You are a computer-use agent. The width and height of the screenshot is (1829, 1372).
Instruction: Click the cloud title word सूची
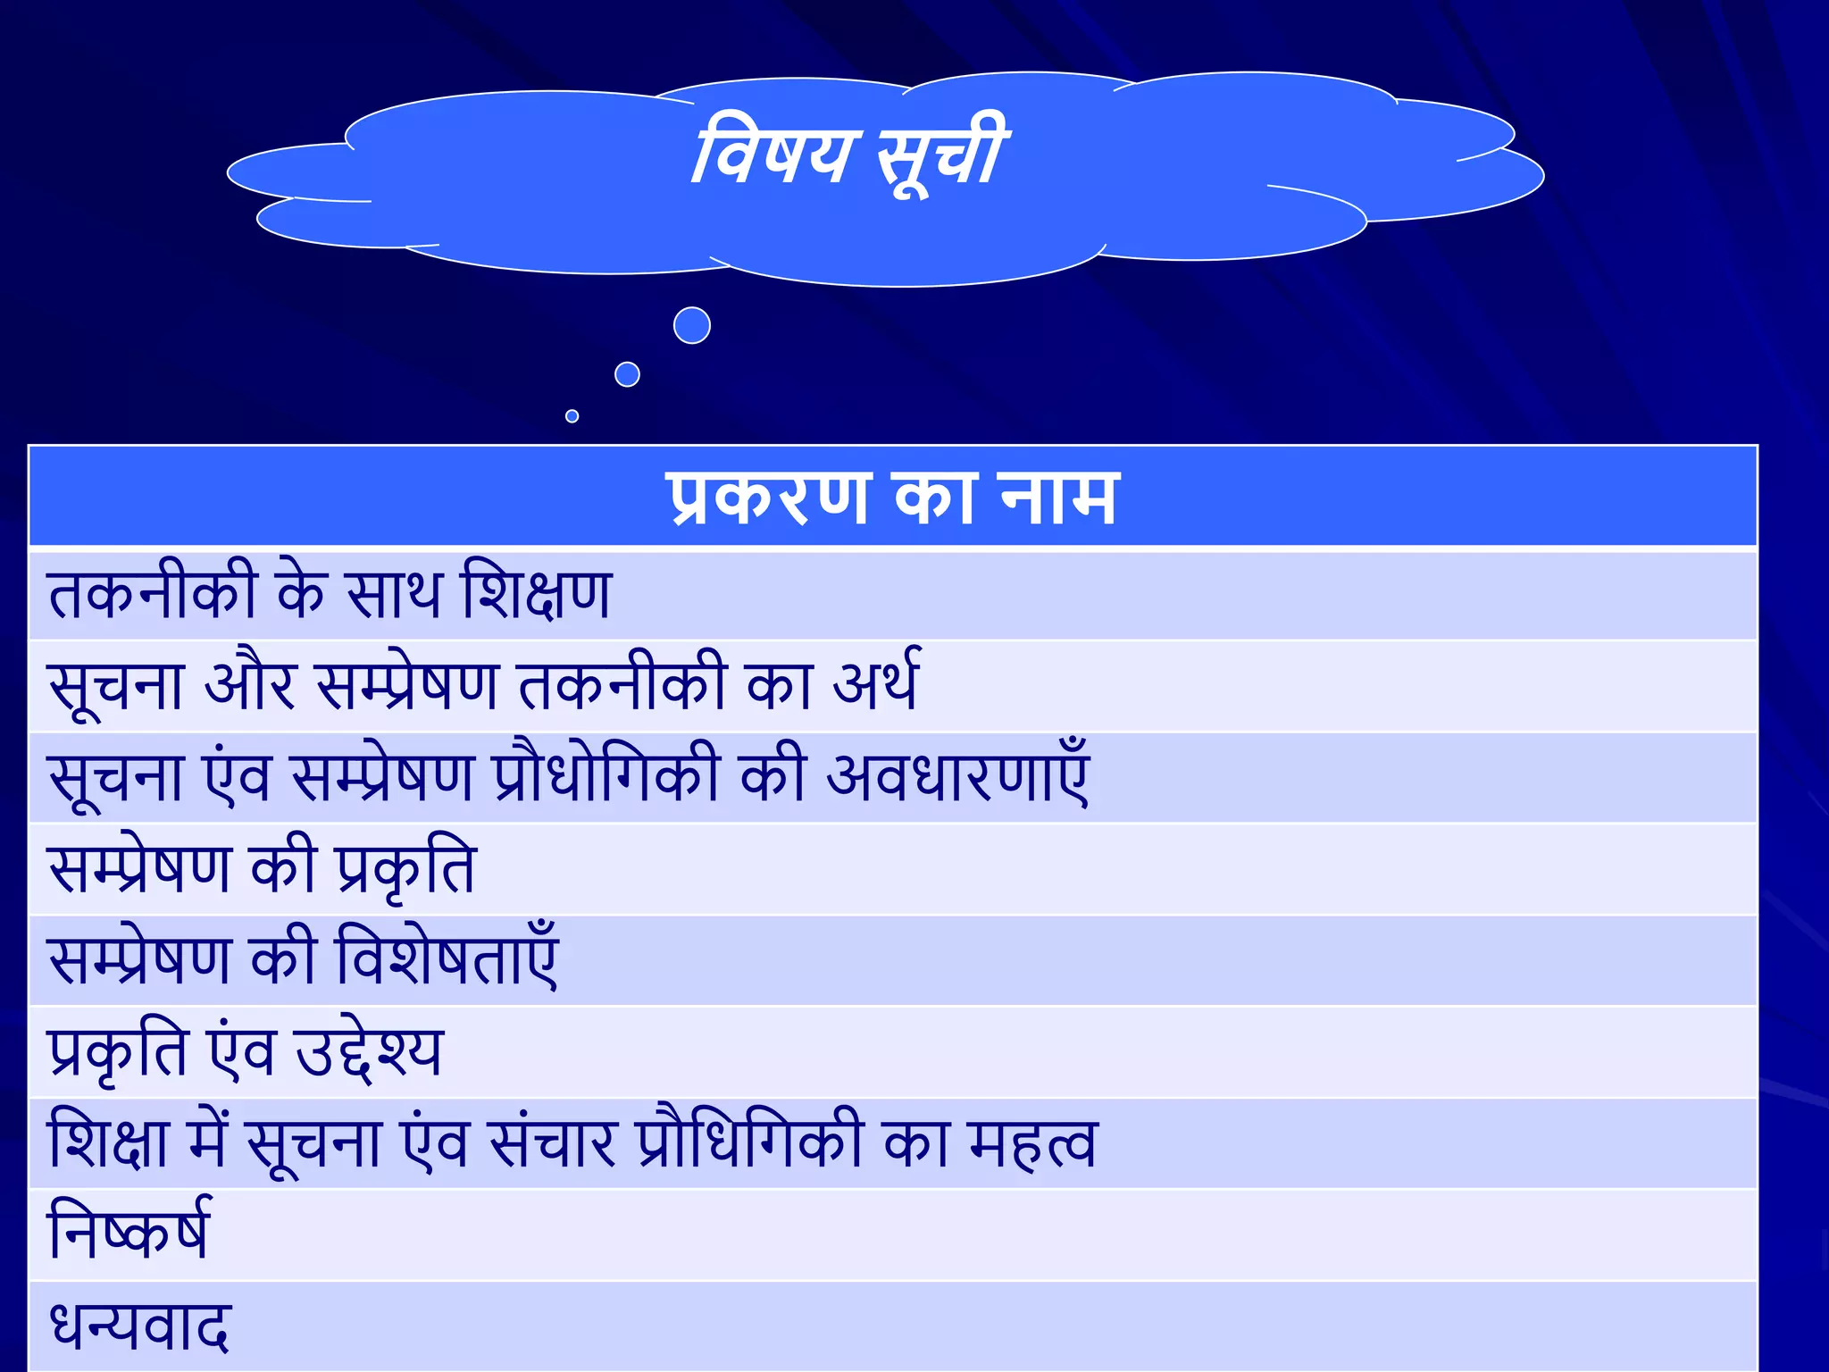(x=941, y=154)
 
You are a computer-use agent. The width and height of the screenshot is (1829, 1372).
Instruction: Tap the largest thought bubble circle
(x=692, y=325)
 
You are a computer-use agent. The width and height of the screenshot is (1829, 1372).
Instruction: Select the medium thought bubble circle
(x=628, y=374)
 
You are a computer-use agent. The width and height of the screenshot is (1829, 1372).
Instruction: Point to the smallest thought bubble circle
(x=572, y=416)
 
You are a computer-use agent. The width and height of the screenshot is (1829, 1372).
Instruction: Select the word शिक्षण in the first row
(x=537, y=593)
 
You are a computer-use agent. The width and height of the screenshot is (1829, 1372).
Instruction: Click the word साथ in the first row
(x=394, y=593)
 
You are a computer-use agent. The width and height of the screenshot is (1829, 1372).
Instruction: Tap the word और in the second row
(x=250, y=684)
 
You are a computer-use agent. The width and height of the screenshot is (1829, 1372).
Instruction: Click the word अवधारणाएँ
(x=958, y=775)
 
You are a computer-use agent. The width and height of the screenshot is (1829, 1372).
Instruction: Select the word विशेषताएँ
(x=447, y=958)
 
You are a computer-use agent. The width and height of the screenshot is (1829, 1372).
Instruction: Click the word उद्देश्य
(x=369, y=1052)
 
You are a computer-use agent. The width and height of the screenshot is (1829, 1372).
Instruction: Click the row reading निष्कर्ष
(x=130, y=1233)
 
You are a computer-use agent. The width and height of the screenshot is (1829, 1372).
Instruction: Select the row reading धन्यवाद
(x=140, y=1326)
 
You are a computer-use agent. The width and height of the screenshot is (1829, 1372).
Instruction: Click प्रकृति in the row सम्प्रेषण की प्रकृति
(x=406, y=868)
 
